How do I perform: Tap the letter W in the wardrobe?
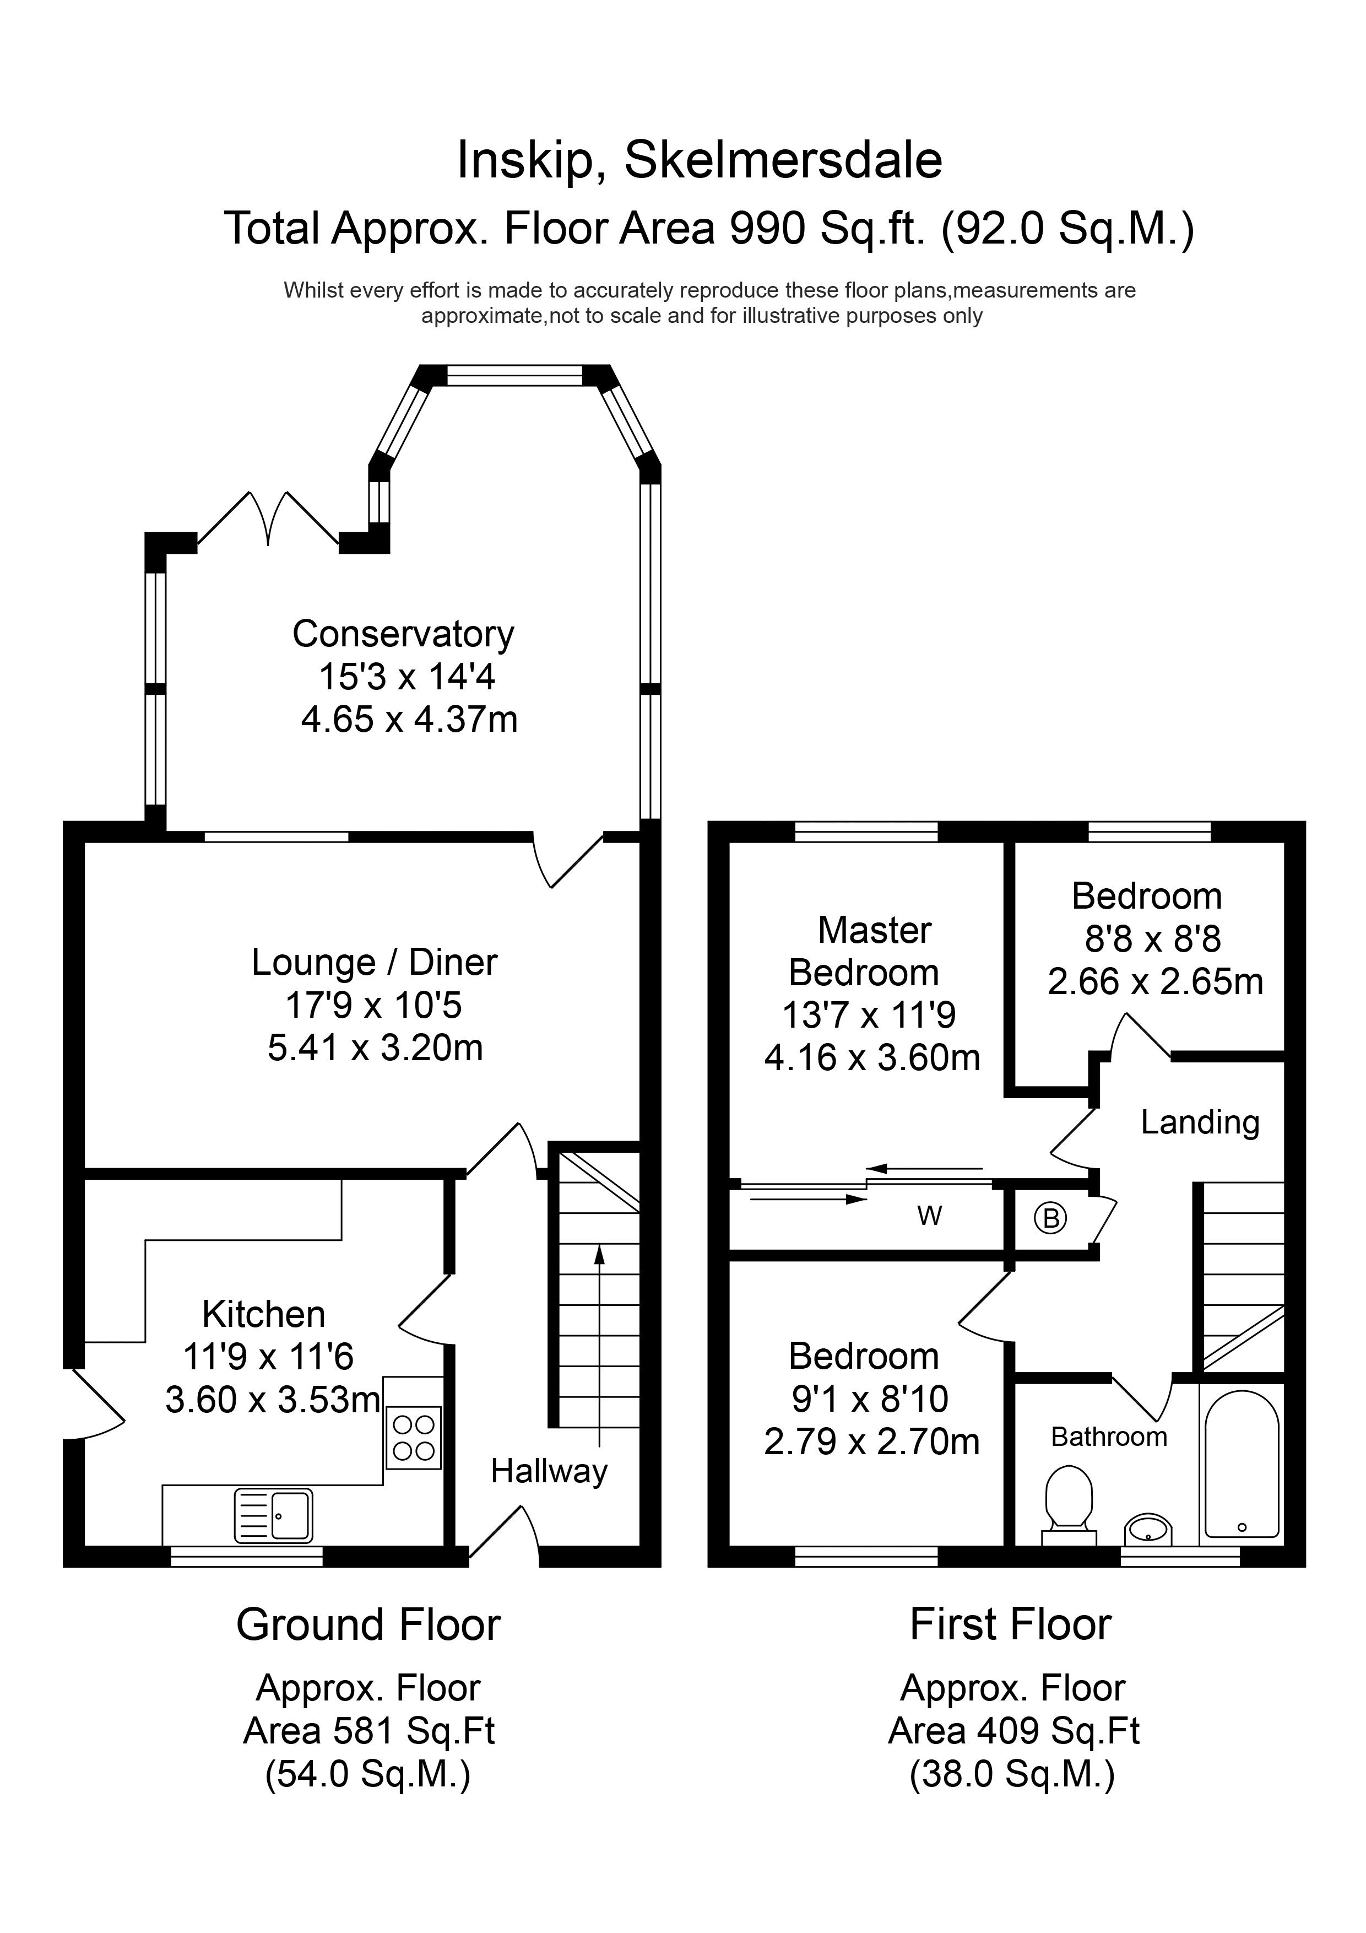click(x=929, y=1216)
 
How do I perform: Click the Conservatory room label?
click(x=403, y=634)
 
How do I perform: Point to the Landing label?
click(x=1199, y=1122)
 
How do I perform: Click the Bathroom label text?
click(x=1108, y=1437)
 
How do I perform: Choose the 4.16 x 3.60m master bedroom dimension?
click(x=872, y=1057)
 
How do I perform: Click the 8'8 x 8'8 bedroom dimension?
click(x=1152, y=939)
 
